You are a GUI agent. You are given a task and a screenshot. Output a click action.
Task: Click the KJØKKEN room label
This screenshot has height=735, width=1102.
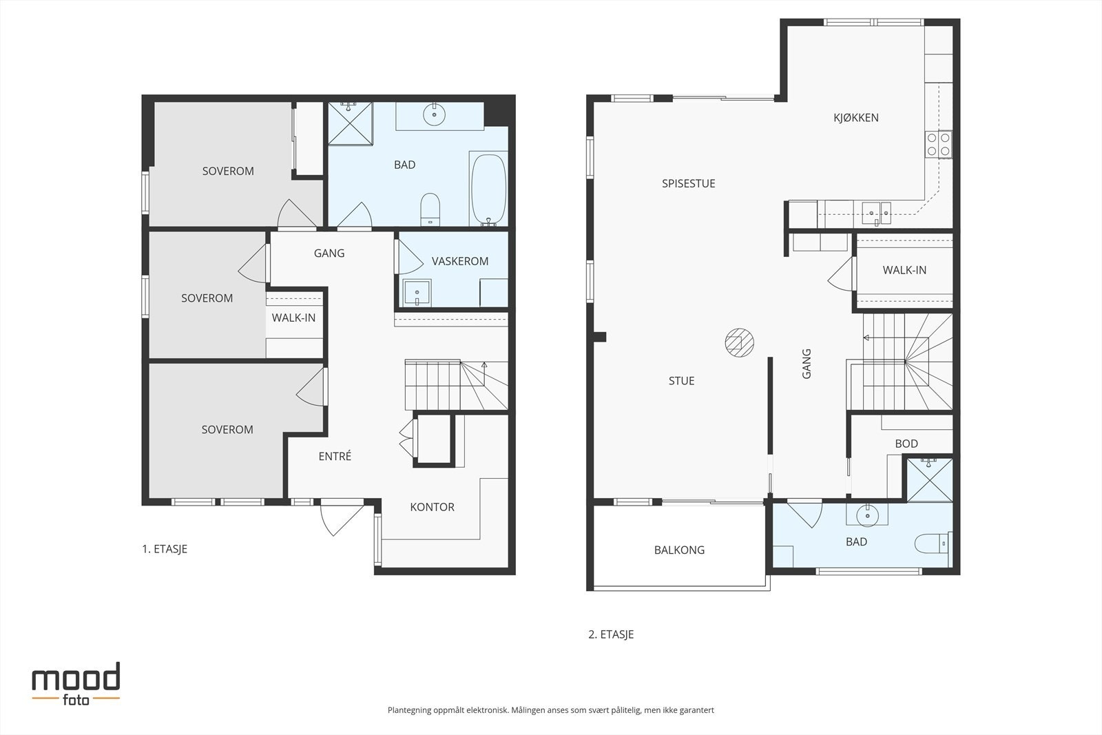click(855, 118)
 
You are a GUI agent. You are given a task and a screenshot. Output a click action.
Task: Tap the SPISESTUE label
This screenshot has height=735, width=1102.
click(688, 183)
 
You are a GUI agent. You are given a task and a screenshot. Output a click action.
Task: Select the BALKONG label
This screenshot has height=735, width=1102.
click(679, 550)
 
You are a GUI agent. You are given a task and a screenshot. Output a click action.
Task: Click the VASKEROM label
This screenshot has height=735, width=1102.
click(460, 261)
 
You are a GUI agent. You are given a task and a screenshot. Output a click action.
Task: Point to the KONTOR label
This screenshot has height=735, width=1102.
click(432, 507)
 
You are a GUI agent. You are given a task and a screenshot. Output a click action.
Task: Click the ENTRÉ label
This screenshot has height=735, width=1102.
click(335, 456)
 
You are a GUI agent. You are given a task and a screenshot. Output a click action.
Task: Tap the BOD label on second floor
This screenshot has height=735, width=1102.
click(906, 444)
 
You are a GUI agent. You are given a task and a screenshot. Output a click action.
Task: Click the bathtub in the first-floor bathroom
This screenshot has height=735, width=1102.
click(488, 189)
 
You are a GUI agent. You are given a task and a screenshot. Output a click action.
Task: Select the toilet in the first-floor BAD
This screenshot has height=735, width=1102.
click(430, 209)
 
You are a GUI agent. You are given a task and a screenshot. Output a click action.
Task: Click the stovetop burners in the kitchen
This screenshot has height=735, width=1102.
click(938, 144)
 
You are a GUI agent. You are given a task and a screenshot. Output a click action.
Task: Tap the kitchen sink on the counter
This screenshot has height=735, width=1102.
click(876, 213)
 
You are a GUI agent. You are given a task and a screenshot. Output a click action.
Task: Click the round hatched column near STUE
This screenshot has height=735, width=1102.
click(740, 342)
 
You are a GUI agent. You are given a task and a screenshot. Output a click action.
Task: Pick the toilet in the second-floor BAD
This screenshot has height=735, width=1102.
click(931, 544)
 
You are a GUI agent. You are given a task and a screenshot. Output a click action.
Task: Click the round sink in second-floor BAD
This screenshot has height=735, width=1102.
click(867, 515)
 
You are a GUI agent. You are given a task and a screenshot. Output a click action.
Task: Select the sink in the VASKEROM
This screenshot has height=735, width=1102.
click(417, 293)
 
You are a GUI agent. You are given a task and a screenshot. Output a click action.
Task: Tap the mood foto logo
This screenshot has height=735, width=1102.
click(76, 684)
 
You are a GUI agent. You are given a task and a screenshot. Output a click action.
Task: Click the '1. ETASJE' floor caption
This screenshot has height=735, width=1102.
click(165, 549)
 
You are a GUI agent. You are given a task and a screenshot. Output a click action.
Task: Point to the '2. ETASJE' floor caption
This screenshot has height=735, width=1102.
click(611, 634)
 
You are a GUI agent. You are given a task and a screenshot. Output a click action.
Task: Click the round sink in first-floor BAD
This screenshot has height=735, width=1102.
click(434, 115)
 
